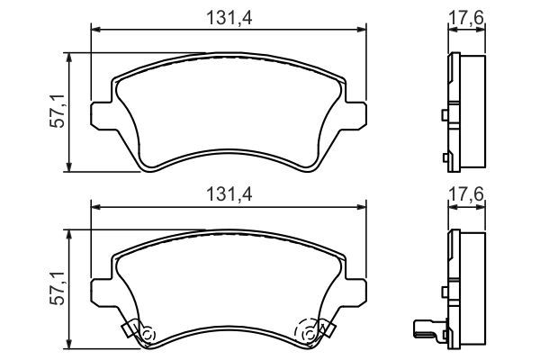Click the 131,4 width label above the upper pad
(x=229, y=14)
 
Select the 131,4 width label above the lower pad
(x=229, y=193)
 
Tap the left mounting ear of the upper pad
(x=101, y=114)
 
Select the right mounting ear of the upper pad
(x=358, y=114)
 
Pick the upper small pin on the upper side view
(x=445, y=115)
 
